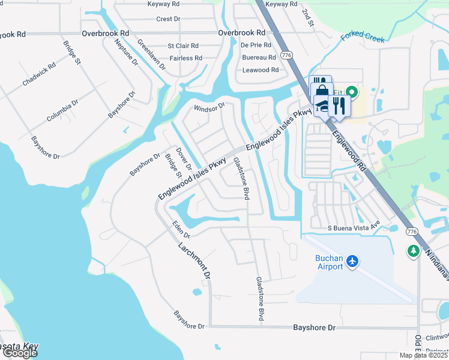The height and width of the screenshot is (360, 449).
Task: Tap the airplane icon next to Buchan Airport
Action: pos(352,262)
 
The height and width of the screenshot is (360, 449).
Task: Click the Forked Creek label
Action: pos(363,37)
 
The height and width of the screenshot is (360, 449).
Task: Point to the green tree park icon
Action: pos(413,250)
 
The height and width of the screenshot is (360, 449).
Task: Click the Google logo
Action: pos(20,353)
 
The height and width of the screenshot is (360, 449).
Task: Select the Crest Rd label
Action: pos(168,19)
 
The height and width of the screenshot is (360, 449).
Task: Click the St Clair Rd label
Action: pos(183,46)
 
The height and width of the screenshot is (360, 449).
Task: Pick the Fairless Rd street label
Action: pos(185,58)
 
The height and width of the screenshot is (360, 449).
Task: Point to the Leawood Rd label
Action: pos(261,70)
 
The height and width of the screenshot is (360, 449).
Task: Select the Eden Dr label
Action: pos(180,229)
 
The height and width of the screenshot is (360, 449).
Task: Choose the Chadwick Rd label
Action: pos(40,74)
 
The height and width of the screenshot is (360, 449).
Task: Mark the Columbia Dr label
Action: pos(63,112)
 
